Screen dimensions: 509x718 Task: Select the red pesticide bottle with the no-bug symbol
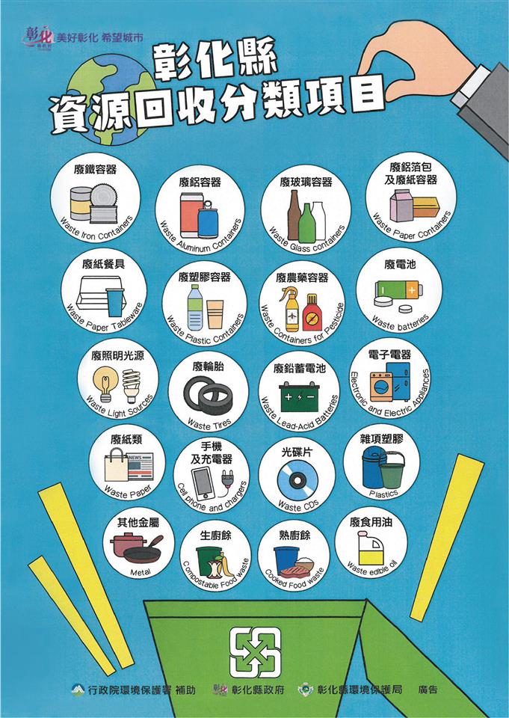point(312,313)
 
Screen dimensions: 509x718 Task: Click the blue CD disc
point(297,480)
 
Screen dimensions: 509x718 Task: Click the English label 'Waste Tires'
point(209,424)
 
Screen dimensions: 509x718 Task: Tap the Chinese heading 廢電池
point(400,264)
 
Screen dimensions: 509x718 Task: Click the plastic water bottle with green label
point(195,307)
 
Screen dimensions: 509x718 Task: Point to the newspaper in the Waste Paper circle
point(141,467)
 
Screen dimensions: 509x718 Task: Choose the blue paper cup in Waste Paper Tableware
point(115,301)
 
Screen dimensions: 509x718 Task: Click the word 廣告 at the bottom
point(428,689)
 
